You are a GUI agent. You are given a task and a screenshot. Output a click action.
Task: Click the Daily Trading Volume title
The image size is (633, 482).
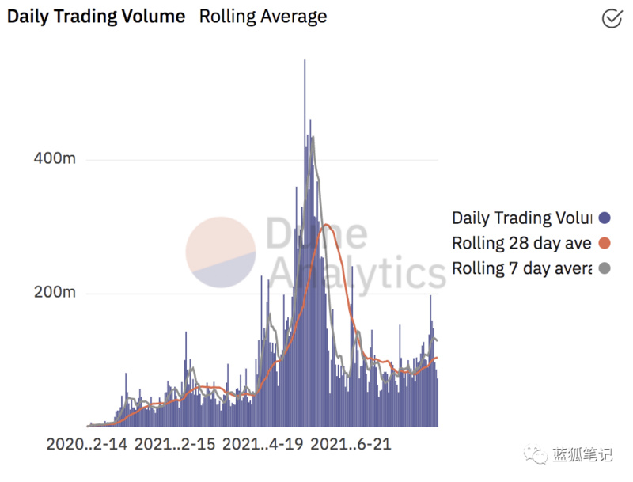pyautogui.click(x=96, y=16)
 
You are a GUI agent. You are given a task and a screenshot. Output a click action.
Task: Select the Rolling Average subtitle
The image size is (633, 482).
pyautogui.click(x=263, y=16)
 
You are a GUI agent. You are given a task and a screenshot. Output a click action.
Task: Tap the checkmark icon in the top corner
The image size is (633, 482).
pyautogui.click(x=612, y=18)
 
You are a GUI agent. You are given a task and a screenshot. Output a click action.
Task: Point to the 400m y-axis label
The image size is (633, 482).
pyautogui.click(x=54, y=159)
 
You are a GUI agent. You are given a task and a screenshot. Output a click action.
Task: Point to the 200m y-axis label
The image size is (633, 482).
pyautogui.click(x=54, y=293)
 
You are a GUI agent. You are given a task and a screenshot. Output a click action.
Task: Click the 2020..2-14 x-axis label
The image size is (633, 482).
pyautogui.click(x=87, y=445)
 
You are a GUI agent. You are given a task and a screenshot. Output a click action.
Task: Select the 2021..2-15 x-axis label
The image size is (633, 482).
pyautogui.click(x=175, y=445)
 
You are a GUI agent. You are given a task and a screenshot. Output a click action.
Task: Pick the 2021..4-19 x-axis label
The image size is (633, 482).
pyautogui.click(x=263, y=445)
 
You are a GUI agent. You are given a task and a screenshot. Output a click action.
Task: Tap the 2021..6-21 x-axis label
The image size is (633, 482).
pyautogui.click(x=351, y=445)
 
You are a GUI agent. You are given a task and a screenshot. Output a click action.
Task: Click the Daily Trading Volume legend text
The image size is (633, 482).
pyautogui.click(x=521, y=218)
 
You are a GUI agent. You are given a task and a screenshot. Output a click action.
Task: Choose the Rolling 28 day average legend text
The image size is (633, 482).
pyautogui.click(x=521, y=243)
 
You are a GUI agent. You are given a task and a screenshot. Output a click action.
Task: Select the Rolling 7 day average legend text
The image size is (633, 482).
pyautogui.click(x=521, y=268)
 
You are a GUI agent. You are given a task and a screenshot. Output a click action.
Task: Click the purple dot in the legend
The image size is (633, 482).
pyautogui.click(x=605, y=218)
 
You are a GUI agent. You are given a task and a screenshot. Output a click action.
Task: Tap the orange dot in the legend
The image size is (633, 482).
pyautogui.click(x=605, y=244)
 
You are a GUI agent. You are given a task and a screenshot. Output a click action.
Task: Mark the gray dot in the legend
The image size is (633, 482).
pyautogui.click(x=605, y=269)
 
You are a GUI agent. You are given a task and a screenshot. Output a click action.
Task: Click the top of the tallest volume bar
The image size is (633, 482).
pyautogui.click(x=305, y=61)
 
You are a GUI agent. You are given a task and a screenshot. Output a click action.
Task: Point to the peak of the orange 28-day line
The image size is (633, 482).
pyautogui.click(x=325, y=226)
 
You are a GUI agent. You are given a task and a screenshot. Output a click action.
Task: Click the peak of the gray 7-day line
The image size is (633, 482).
pyautogui.click(x=313, y=137)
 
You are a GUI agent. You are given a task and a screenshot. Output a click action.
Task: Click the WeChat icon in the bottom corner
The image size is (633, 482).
pyautogui.click(x=538, y=455)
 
